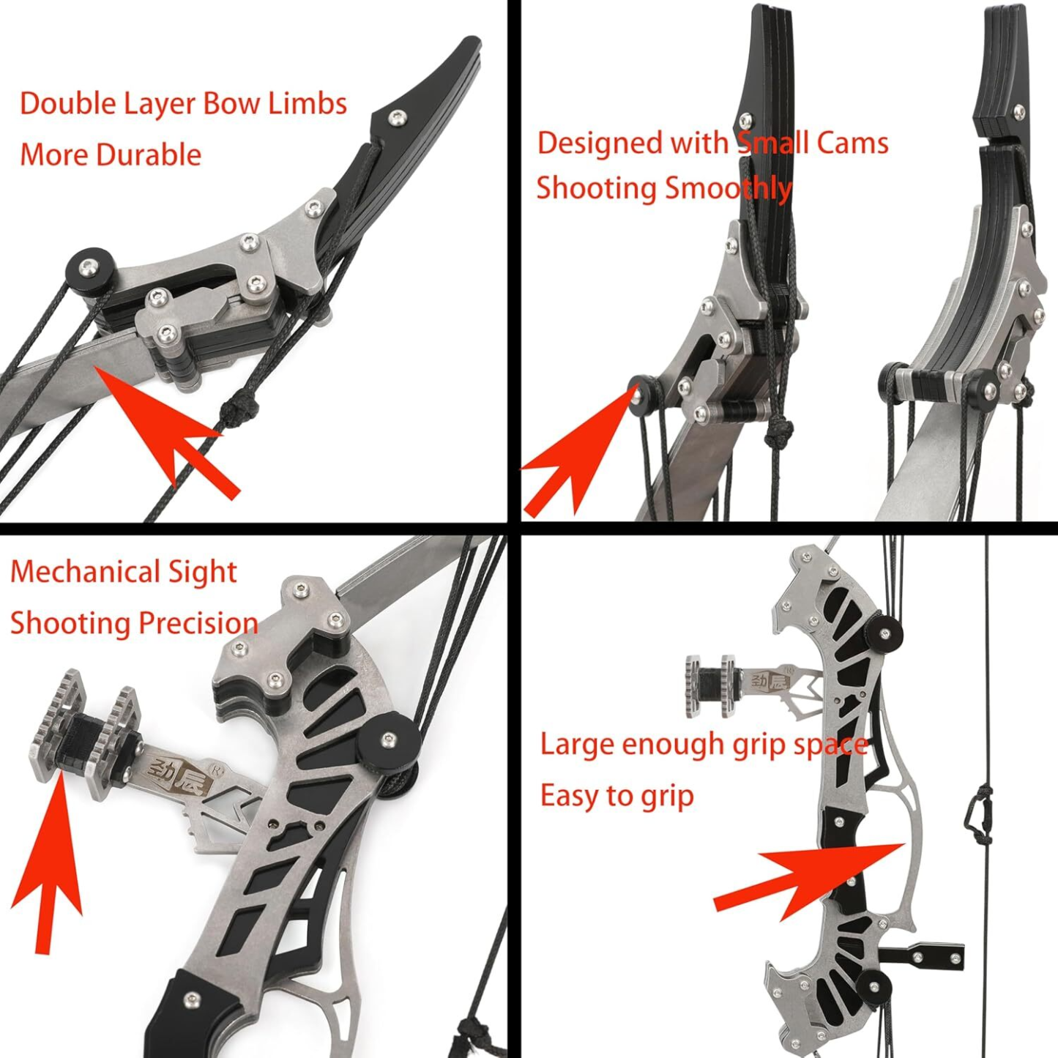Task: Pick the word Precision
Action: click(197, 623)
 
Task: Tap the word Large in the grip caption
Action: click(577, 745)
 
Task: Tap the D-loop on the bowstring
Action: click(978, 813)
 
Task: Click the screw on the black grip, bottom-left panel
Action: click(193, 999)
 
